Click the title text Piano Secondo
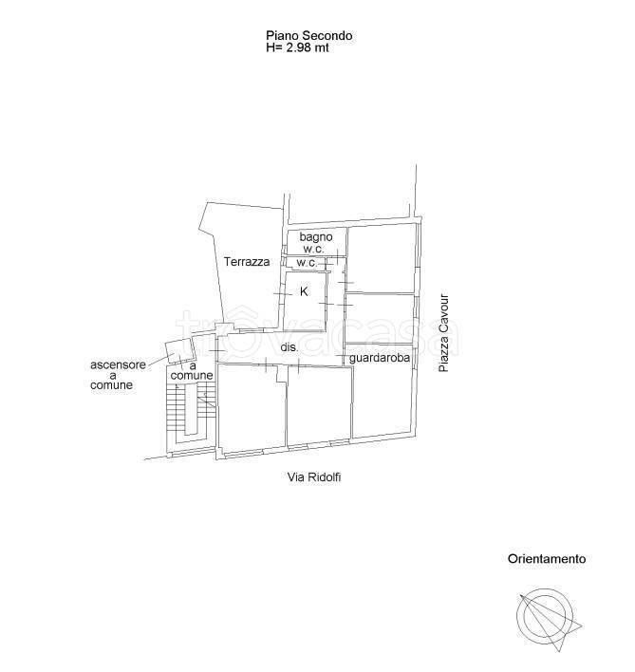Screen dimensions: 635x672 tap(308, 35)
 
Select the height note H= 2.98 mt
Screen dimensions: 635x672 tap(297, 47)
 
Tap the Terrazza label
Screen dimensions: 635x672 tap(247, 261)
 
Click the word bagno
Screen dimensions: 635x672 tap(316, 237)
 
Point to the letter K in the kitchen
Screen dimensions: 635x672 tap(304, 291)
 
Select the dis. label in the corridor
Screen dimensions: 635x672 tap(289, 347)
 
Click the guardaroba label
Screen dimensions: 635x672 tap(380, 358)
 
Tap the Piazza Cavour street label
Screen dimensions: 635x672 tap(444, 332)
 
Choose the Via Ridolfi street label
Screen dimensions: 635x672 tap(314, 477)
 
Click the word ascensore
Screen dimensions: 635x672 tap(118, 364)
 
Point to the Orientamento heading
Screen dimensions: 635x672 tap(547, 559)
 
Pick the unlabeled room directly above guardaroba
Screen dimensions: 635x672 tap(380, 318)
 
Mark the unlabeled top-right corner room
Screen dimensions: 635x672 tap(383, 258)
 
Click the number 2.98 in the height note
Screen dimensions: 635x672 tap(300, 47)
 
